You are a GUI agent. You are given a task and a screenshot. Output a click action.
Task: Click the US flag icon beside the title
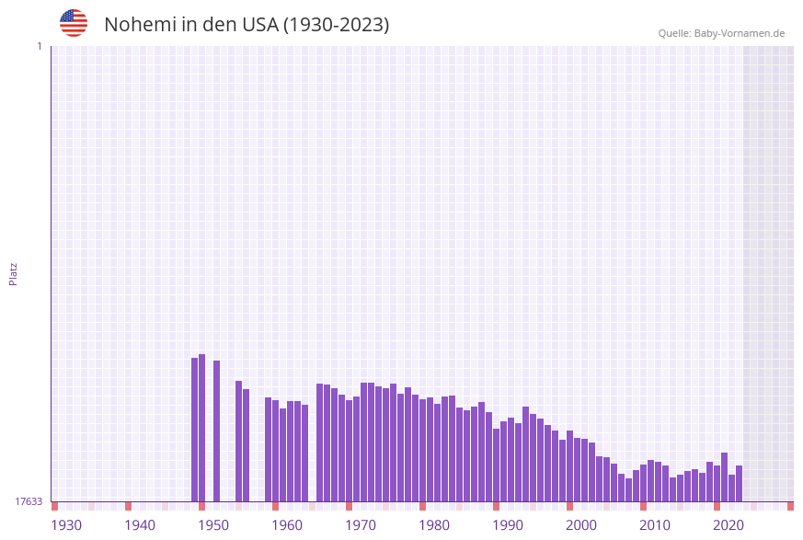click(74, 23)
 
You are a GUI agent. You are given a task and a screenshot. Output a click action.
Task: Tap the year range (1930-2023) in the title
click(336, 25)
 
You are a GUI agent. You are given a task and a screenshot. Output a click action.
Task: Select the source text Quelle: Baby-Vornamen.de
click(721, 33)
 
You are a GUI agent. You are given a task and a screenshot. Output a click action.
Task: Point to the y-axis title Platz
click(14, 273)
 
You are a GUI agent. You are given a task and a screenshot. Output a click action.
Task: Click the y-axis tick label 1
click(40, 46)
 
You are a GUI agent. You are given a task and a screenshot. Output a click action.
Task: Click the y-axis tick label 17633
click(29, 501)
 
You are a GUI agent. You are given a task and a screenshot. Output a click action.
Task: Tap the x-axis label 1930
click(66, 525)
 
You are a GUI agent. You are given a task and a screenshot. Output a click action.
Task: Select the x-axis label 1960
click(287, 525)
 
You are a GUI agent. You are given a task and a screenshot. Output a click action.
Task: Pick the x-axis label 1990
click(508, 525)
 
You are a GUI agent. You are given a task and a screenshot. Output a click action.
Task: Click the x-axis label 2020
click(728, 525)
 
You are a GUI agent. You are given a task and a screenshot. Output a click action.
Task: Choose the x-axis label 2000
click(581, 525)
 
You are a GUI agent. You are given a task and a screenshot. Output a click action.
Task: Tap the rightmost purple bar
click(739, 483)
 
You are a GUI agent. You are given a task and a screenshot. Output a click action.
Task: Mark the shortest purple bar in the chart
click(629, 489)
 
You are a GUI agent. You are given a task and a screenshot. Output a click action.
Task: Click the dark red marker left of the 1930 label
click(55, 506)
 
